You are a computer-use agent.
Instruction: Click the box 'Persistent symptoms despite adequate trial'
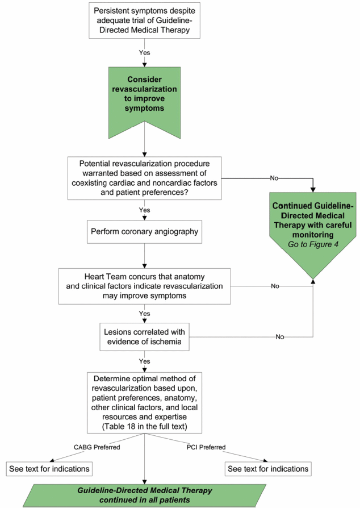coord(144,20)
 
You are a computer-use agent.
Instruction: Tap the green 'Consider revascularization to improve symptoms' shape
coord(144,97)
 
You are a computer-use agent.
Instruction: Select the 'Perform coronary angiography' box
coord(144,232)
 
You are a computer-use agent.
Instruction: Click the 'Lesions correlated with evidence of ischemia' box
coord(144,336)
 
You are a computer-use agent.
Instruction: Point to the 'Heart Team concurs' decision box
coord(144,286)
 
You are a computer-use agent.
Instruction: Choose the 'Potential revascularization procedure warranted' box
coord(144,178)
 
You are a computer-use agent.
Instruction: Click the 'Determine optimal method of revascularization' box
coord(144,403)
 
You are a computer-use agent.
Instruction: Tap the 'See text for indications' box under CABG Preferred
coord(49,469)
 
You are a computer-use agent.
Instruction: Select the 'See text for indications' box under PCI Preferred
coord(268,469)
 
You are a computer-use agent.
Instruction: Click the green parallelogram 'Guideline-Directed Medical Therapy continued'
coord(144,495)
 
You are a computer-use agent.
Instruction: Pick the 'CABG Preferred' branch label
coord(97,447)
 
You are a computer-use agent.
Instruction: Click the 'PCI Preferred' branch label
coord(206,447)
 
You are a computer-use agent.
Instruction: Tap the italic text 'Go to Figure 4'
coord(313,244)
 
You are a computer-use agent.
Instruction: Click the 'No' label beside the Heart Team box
coord(275,286)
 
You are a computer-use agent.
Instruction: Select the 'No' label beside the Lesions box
coord(280,337)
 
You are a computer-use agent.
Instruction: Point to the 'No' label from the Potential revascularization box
coord(274,178)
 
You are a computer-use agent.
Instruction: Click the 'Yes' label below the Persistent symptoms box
coord(144,52)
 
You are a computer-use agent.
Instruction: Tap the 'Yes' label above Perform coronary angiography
coord(144,210)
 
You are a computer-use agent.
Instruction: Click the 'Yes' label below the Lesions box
coord(144,361)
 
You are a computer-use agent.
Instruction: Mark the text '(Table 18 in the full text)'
coord(144,426)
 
